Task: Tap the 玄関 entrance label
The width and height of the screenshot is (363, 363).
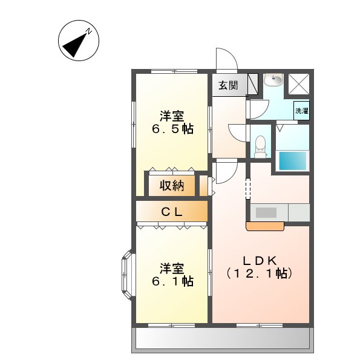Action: (x=228, y=85)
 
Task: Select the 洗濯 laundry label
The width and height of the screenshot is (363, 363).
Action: (x=301, y=111)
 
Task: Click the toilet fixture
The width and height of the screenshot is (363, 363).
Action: (x=261, y=145)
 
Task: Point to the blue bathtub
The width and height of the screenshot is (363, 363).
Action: (x=292, y=161)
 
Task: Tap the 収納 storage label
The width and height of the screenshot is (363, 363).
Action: (x=172, y=185)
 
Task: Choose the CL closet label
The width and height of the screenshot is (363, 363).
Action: (x=172, y=212)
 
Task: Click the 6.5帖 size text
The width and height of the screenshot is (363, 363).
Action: (x=172, y=129)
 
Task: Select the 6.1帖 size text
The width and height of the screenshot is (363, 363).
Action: (x=172, y=281)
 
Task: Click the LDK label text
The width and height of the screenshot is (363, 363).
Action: (x=260, y=260)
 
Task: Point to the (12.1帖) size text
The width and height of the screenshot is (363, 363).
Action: (x=260, y=273)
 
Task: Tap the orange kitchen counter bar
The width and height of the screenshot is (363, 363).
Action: (x=265, y=226)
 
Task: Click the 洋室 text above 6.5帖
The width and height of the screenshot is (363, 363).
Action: (x=172, y=115)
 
